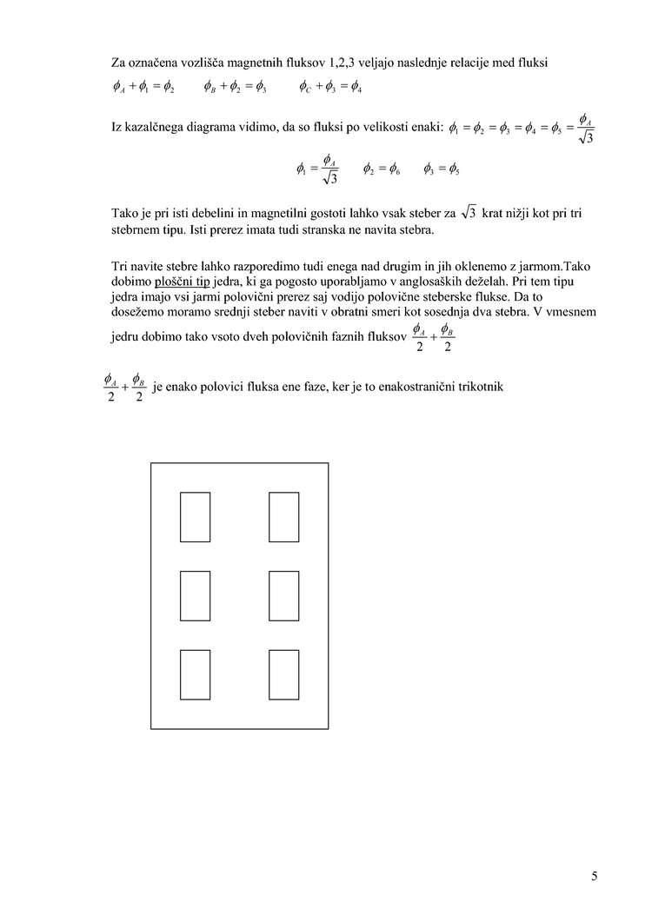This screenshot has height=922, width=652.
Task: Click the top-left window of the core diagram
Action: coord(195,517)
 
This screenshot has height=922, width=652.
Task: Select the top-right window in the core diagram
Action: coord(284,517)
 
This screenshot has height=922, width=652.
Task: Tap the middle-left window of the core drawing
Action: coord(195,595)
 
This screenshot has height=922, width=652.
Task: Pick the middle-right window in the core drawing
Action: coord(284,595)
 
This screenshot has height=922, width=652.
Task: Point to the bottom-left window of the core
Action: coord(195,674)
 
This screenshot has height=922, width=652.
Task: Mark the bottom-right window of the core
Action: coord(284,674)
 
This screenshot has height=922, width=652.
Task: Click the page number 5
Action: coord(594,876)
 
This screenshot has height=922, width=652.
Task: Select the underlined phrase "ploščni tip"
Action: coord(183,281)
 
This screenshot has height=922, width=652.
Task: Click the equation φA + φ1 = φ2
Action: coord(143,87)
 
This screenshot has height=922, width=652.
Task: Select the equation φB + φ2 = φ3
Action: coord(235,87)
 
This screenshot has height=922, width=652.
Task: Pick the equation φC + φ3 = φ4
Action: coord(330,87)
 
